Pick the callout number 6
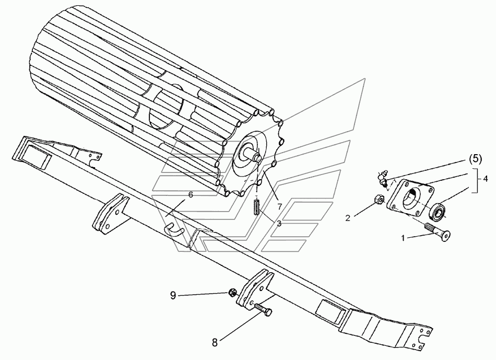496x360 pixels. coord(191,195)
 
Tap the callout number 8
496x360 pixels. coord(215,344)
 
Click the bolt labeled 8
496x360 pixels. coord(264,311)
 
